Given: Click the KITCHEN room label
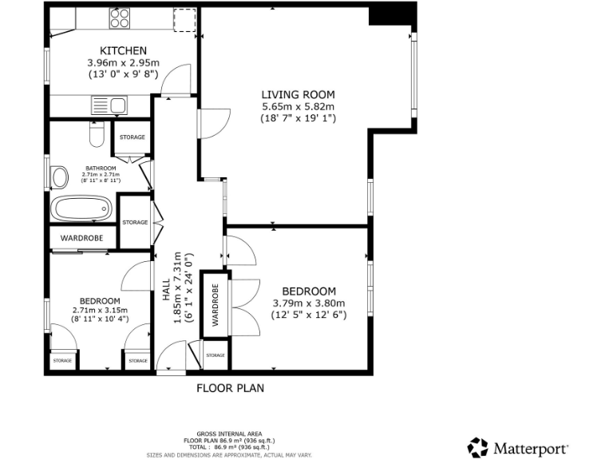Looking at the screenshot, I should coord(122,50).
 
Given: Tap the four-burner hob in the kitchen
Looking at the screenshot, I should coord(120,18).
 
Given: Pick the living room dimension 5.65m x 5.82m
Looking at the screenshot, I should coord(298,106).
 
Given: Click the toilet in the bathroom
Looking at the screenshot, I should coord(96,136).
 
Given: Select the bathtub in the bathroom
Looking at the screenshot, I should coord(81,210).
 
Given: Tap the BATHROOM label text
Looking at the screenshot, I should coord(101,169).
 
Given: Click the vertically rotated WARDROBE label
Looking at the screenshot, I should coord(215,304).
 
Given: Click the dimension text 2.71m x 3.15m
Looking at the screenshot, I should coord(100,310).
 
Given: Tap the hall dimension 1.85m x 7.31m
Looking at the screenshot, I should coord(178,285).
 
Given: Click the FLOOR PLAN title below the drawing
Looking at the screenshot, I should coord(230,388).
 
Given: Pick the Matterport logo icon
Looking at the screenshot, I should coord(477,447).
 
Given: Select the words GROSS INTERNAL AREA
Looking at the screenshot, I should coord(229,434).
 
